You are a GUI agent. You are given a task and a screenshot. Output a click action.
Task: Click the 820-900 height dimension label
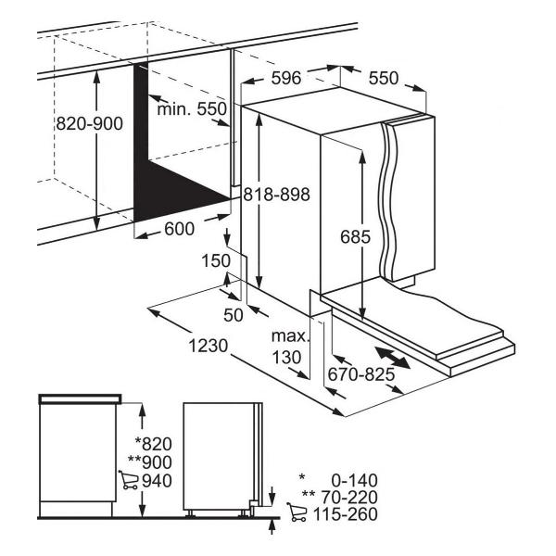coord(89,123)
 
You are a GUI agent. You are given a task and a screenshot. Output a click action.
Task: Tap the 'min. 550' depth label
coord(192,108)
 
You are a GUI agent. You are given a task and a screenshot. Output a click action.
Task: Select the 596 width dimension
coord(286,78)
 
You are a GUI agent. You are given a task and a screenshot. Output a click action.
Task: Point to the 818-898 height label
coord(276,195)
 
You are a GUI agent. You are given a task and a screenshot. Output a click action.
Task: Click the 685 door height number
coord(355,236)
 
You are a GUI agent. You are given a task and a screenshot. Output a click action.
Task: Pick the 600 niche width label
coord(180,229)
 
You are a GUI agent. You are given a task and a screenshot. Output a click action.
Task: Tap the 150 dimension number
coord(216,260)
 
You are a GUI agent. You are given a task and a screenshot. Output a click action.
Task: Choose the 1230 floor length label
coord(208,346)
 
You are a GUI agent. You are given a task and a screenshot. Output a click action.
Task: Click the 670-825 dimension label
coord(361,374)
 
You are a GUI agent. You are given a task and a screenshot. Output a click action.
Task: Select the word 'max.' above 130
coord(290,335)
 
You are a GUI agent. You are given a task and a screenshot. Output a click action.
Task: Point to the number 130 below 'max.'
coord(286,358)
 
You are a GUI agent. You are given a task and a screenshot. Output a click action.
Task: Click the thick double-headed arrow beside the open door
coord(393,358)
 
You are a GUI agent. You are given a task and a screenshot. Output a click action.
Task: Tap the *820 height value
coord(154,444)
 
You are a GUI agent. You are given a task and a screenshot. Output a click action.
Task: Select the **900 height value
coord(150,462)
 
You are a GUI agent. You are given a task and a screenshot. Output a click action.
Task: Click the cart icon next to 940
coord(129,480)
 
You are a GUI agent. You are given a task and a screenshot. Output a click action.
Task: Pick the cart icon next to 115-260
coord(297,512)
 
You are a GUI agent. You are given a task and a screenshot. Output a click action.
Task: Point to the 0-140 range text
coord(355,481)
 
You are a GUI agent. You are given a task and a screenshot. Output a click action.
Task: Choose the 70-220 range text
coord(349,497)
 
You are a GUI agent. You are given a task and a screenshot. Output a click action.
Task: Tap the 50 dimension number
coord(234,315)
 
